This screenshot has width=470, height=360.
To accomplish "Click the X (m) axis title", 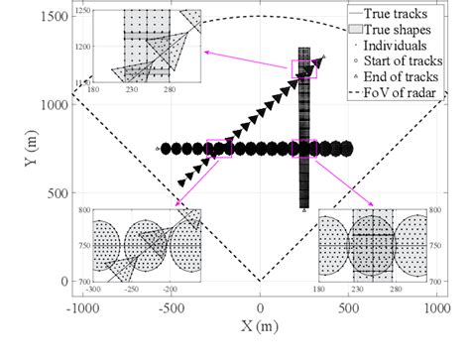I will pos(260,326).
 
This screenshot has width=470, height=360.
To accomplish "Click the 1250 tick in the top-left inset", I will pos(82,10).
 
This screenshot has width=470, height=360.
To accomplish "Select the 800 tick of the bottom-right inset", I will pos(434,210).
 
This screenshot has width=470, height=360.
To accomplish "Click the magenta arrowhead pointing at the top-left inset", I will pos(204,51).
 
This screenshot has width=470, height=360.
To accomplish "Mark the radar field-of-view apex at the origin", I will pos(260,281).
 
